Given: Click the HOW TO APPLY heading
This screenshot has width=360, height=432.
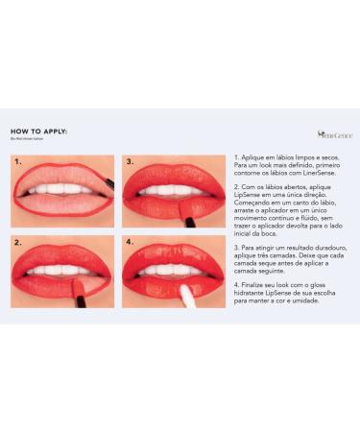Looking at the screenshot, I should [x=39, y=133].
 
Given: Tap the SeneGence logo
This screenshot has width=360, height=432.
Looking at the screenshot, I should [x=334, y=135].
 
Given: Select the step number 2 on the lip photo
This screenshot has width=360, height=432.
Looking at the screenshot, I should [x=18, y=243].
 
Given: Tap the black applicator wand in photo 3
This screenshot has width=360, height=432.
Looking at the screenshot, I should [x=189, y=221].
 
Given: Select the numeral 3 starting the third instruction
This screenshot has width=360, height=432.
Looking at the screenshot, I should [x=235, y=246].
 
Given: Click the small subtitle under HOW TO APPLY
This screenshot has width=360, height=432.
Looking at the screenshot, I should [x=29, y=142].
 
